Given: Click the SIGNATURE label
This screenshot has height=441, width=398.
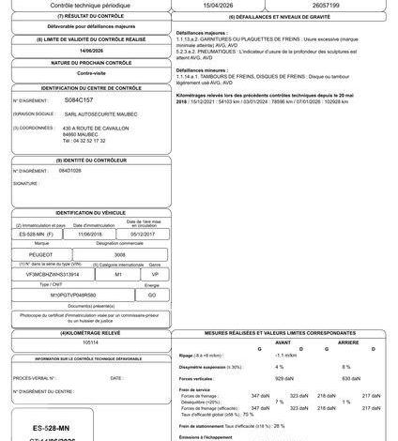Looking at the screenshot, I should (26, 184).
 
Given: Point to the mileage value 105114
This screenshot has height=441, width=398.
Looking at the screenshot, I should (90, 342).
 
